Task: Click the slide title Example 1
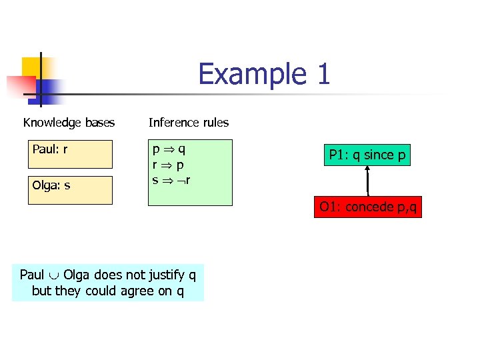(x=264, y=74)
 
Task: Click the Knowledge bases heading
(x=69, y=123)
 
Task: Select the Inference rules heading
(x=189, y=123)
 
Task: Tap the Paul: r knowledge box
(x=70, y=153)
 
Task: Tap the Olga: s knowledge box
(x=70, y=189)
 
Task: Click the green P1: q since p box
(x=367, y=155)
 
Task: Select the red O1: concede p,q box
(x=368, y=207)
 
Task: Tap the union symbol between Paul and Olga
(x=54, y=275)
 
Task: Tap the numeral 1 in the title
(x=323, y=74)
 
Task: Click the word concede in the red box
(x=370, y=207)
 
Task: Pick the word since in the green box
(x=379, y=155)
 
